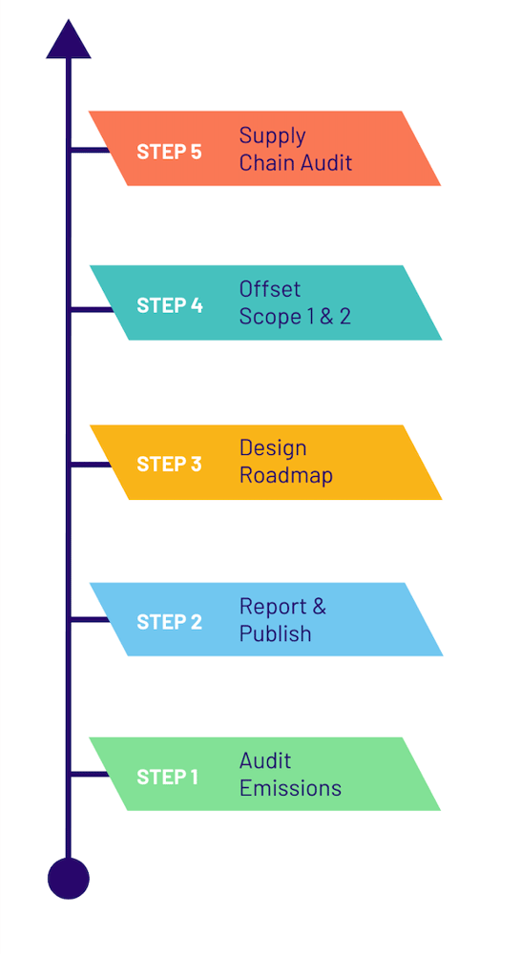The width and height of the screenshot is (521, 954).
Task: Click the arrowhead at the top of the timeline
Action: pyautogui.click(x=69, y=41)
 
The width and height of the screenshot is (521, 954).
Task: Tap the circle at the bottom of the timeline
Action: pyautogui.click(x=69, y=878)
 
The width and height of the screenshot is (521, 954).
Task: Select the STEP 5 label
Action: pyautogui.click(x=169, y=151)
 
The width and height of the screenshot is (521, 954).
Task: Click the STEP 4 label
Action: pyautogui.click(x=169, y=305)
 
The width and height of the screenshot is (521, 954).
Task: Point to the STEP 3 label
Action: pyautogui.click(x=169, y=464)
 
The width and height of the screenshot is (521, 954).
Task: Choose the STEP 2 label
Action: pyautogui.click(x=169, y=622)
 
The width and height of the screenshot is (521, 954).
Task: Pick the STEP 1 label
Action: pyautogui.click(x=167, y=777)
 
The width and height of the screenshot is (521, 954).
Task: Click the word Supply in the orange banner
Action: pyautogui.click(x=272, y=136)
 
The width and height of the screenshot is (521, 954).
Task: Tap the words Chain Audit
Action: pyautogui.click(x=295, y=163)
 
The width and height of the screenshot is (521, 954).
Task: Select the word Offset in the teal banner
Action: pyautogui.click(x=270, y=289)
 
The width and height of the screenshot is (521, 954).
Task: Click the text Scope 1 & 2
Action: pyautogui.click(x=295, y=317)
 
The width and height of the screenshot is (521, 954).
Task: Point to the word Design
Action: pyautogui.click(x=273, y=448)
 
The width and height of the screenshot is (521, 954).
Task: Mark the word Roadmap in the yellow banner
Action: pyautogui.click(x=285, y=475)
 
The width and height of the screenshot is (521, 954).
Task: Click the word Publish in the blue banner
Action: pyautogui.click(x=275, y=633)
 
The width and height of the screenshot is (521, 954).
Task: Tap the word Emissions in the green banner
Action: pyautogui.click(x=290, y=788)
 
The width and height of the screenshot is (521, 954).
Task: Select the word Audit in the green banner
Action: pyautogui.click(x=265, y=760)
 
